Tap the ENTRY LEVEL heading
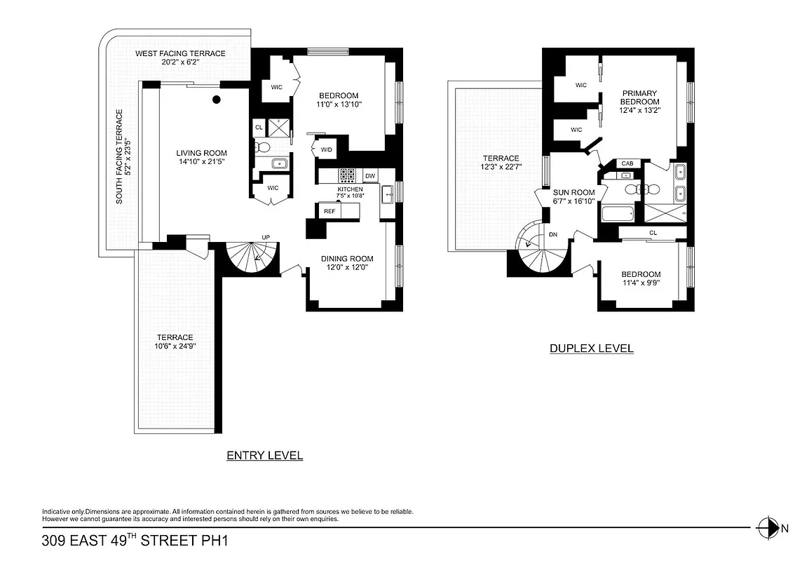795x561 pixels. click(x=264, y=456)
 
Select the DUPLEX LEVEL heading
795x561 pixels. click(x=591, y=349)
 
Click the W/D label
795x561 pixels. click(x=327, y=150)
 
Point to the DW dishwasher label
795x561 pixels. click(x=370, y=176)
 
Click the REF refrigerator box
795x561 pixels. click(x=328, y=210)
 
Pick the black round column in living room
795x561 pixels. click(x=217, y=100)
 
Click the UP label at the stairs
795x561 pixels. click(x=266, y=237)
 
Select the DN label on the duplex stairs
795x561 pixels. click(x=554, y=235)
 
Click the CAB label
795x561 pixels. click(x=627, y=163)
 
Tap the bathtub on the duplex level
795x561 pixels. click(x=618, y=213)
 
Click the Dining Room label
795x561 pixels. click(x=348, y=259)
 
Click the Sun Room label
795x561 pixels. click(x=573, y=193)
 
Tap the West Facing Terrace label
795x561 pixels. click(x=180, y=53)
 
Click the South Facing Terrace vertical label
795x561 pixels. click(x=119, y=156)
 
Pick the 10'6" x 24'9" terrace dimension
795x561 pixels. click(x=175, y=346)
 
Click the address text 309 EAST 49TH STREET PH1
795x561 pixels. click(x=135, y=541)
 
